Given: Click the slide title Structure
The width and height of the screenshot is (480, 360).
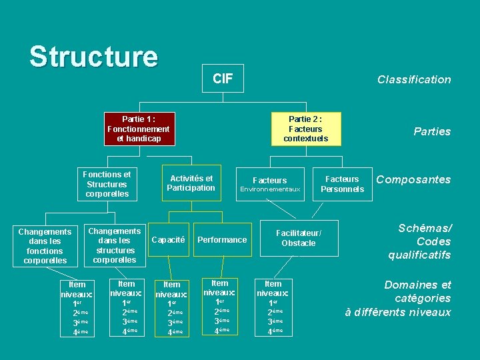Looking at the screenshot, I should coord(93,57).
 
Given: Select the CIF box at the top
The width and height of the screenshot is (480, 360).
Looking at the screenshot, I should coord(223,79).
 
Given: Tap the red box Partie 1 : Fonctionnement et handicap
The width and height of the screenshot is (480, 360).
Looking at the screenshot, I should coord(139,129).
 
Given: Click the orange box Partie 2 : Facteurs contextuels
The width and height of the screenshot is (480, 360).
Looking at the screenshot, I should coord(305,129).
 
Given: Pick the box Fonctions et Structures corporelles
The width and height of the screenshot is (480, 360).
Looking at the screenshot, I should coord(107,184).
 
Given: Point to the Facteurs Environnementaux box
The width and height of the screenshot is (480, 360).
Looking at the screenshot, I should coord(270,184).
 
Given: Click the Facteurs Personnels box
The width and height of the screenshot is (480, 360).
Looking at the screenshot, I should coord(342,184).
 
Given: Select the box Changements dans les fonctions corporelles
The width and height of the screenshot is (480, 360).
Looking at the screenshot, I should coord(45,246).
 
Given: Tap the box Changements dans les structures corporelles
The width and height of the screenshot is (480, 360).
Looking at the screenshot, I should coord(115,245).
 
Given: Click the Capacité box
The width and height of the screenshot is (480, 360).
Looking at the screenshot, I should coord(168,240).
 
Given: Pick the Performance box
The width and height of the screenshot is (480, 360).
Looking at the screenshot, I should coord(222,240).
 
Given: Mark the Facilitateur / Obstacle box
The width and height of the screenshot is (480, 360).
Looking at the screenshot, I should coord(298,238).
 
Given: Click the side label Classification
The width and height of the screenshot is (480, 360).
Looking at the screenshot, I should coord(414,79).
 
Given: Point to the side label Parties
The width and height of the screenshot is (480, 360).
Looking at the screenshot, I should coord(432,131).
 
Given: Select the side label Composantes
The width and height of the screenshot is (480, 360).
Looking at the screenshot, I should coord(413,179).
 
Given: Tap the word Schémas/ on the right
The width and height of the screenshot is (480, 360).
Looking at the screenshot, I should coord(425,228).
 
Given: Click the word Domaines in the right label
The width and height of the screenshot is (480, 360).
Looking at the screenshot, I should coord(409,285).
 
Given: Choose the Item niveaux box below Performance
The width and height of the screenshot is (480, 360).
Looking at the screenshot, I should coord(219,306).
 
